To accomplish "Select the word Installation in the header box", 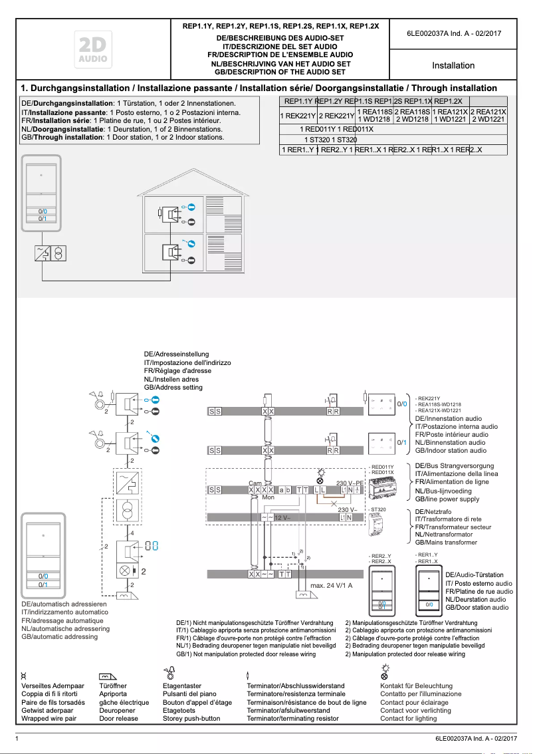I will coord(453,66).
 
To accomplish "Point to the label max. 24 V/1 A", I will coord(331,586).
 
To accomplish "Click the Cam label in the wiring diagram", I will coord(255,483).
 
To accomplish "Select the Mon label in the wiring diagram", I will coord(268,497).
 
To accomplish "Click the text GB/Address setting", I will coord(173,387).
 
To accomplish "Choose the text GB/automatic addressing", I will coord(60,636).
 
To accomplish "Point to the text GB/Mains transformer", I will coord(446,543).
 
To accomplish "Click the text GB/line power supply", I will coord(447,499).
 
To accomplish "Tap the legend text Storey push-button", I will coord(191,718).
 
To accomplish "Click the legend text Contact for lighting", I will coord(408,718).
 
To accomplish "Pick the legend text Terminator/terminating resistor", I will coord(292,718).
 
